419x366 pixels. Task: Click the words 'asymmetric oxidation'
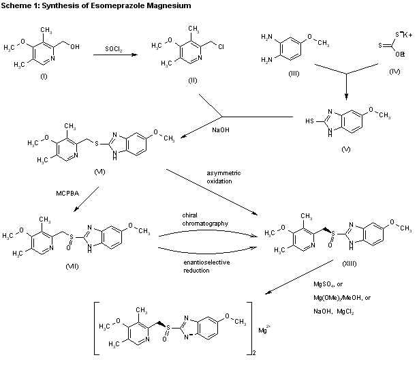(224, 177)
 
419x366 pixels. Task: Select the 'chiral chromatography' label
(200, 218)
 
